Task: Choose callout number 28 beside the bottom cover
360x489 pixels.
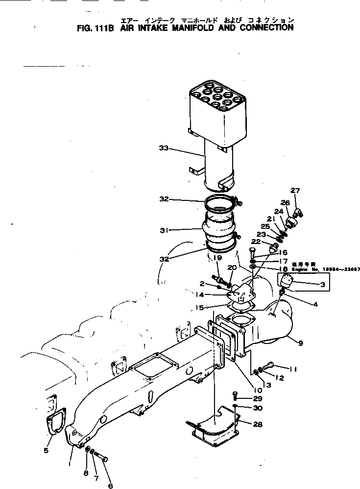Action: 257,425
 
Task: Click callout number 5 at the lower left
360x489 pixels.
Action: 46,450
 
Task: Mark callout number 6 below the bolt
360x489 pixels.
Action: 110,486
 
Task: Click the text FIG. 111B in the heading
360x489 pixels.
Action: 95,28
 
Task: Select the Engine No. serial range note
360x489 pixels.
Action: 325,269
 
